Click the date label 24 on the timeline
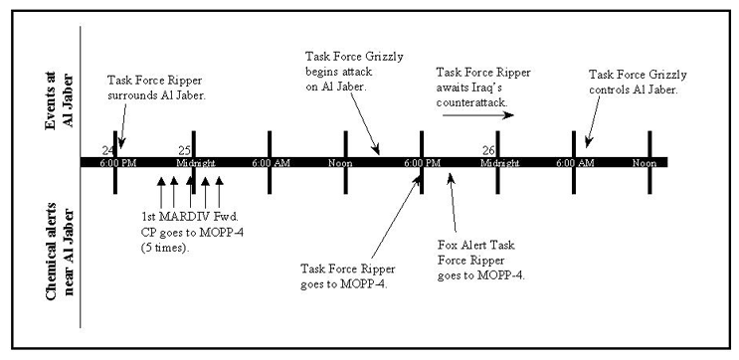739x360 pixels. tap(107, 150)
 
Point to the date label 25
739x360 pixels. tap(184, 150)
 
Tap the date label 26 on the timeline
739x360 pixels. tap(488, 150)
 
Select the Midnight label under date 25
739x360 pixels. tap(194, 162)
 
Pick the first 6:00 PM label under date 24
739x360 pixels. tap(116, 162)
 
